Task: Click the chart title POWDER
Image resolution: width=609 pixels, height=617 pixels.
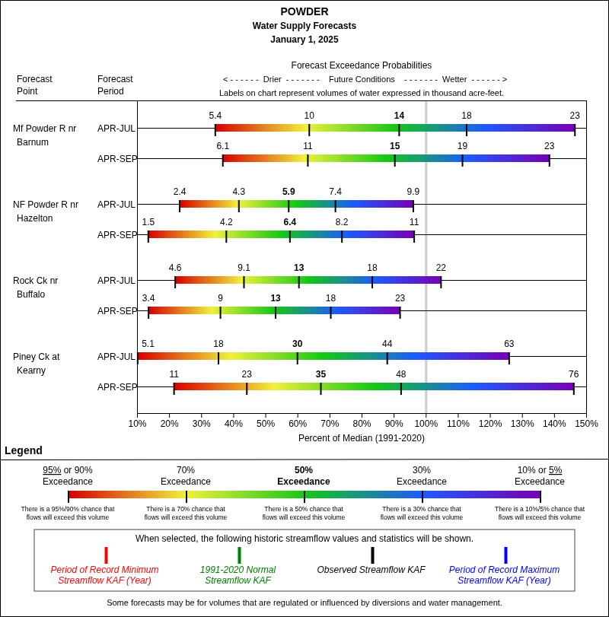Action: coord(304,11)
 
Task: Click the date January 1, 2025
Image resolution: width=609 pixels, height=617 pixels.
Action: coord(304,40)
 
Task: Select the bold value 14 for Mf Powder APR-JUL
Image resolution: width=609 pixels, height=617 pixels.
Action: coord(399,116)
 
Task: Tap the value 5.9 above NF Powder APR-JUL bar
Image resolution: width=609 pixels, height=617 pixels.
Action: coord(289,192)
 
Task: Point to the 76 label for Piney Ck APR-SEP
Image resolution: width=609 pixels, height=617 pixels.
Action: coord(573,374)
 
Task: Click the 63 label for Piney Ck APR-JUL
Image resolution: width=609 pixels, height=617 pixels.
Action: coord(509,344)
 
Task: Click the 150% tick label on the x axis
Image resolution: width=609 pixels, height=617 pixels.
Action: coord(586,424)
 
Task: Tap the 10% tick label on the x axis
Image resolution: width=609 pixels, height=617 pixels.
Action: coord(138,424)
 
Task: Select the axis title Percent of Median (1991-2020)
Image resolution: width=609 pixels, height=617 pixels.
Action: coord(362,438)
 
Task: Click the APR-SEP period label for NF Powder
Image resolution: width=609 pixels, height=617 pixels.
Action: coord(117,235)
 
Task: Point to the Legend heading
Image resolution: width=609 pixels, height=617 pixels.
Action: coord(24,450)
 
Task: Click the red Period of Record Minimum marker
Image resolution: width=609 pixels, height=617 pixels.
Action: coord(106,555)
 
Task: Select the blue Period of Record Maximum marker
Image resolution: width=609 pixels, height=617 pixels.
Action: coord(505,555)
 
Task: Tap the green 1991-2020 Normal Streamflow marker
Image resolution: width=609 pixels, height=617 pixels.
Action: coord(239,555)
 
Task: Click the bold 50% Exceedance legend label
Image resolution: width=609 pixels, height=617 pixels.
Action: coord(304,475)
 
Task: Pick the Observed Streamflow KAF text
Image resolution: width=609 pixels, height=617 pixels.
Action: coord(371,570)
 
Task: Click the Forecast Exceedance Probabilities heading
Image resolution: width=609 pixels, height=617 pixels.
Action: coord(362,65)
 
